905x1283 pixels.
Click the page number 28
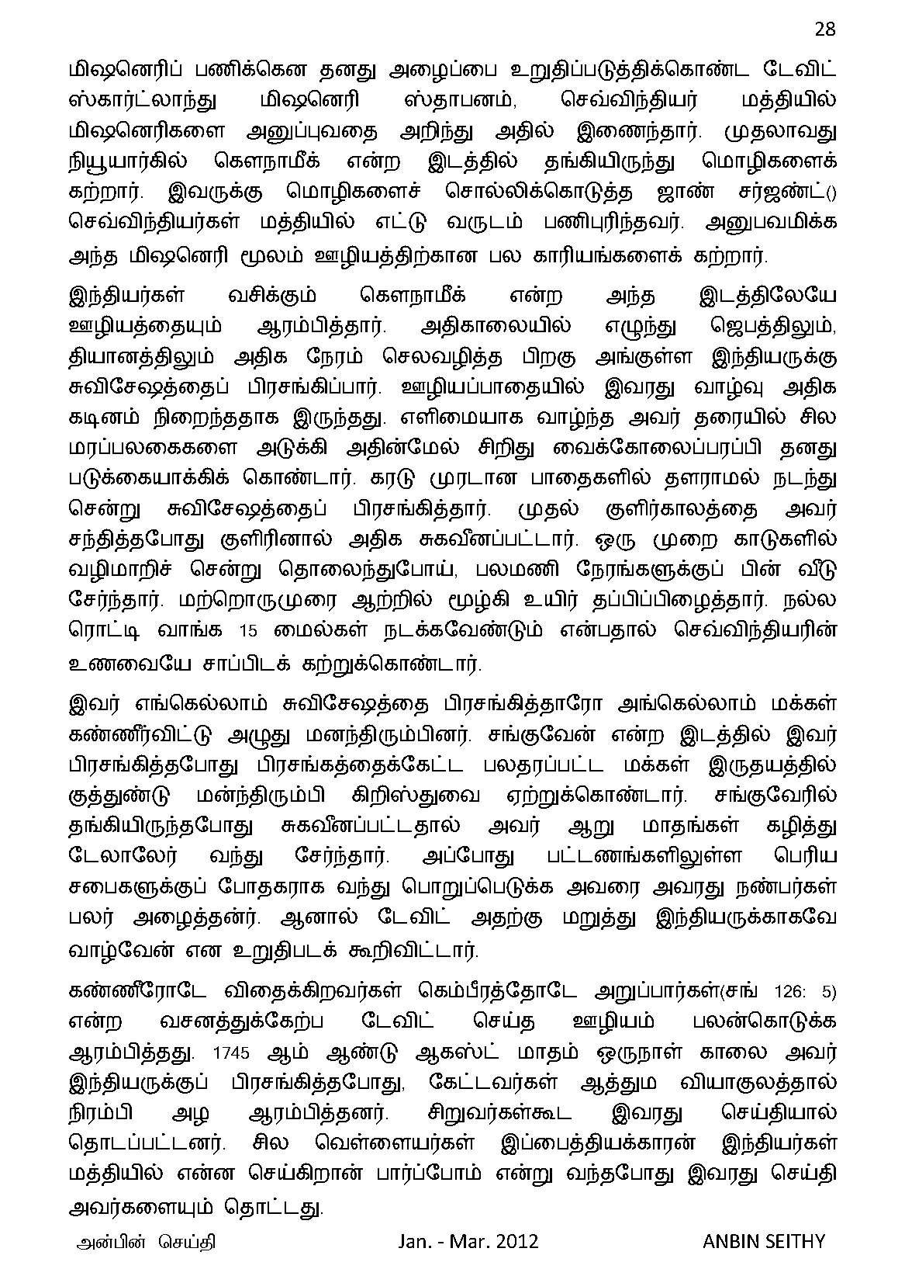click(824, 29)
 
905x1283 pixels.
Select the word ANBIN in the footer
click(730, 1240)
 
